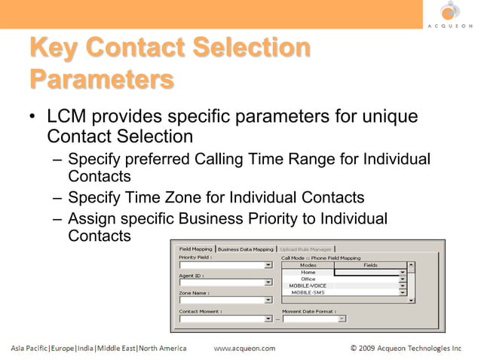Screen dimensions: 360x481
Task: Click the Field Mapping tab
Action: (x=195, y=249)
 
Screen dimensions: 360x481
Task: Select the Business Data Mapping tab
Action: (x=247, y=249)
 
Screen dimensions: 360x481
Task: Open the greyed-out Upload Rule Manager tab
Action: (x=306, y=249)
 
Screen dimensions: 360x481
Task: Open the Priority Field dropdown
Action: (x=225, y=265)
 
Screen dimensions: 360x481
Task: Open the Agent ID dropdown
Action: (x=225, y=283)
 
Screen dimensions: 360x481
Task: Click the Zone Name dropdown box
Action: (x=225, y=301)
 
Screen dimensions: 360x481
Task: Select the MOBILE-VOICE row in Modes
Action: (x=308, y=286)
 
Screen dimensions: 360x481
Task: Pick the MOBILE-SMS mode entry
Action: (x=308, y=293)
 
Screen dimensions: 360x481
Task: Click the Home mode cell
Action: (x=308, y=273)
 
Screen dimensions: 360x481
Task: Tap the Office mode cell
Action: (x=308, y=279)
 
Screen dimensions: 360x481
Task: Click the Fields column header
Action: (x=370, y=265)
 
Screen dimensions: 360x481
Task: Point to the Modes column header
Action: (x=308, y=265)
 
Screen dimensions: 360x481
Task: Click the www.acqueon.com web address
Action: (x=245, y=349)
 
